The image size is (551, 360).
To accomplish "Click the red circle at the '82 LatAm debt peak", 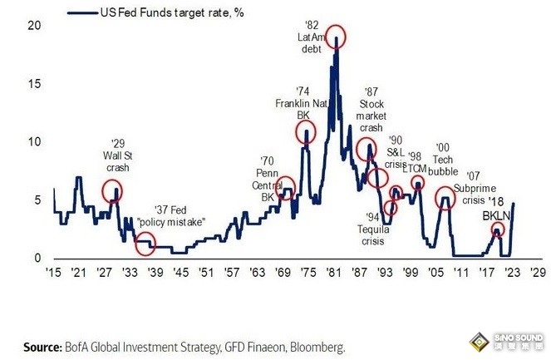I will coord(336,37).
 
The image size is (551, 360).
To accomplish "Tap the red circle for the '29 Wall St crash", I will coord(112,191).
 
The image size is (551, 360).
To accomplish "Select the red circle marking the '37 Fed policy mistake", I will coord(145,244).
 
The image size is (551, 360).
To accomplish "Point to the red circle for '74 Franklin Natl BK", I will coord(307,133).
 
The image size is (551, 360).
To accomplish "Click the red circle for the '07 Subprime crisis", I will coord(445,200).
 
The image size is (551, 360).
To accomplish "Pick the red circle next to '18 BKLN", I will coord(497,230).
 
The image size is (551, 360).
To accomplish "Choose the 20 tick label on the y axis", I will coord(33,25).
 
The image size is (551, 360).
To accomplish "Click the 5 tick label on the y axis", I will coord(37,200).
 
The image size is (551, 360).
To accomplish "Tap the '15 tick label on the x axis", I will coord(53,273).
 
